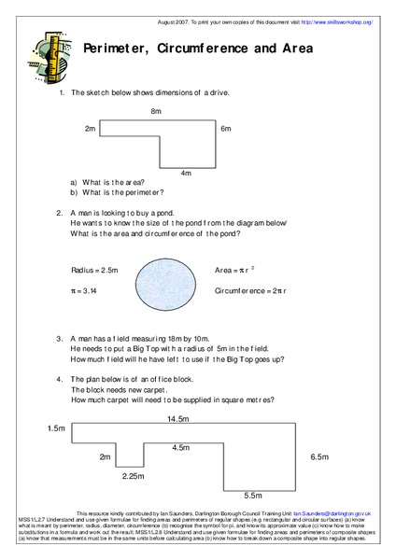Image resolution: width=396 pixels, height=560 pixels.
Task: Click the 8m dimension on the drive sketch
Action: point(156,111)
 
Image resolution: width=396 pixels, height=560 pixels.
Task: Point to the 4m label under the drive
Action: point(186,173)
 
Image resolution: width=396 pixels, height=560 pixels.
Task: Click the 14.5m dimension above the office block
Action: point(178,419)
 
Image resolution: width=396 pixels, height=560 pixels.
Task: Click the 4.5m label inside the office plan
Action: point(181,448)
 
